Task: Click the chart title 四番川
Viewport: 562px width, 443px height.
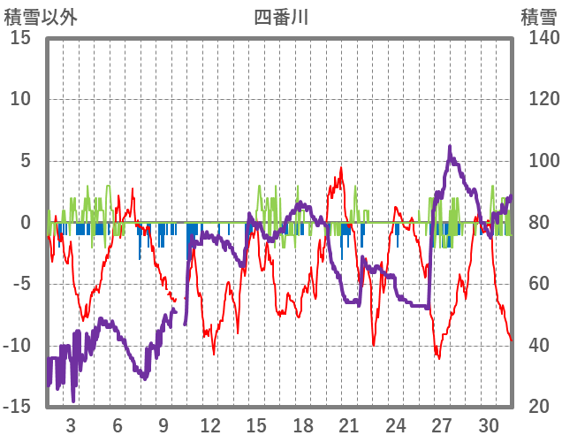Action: pos(281,17)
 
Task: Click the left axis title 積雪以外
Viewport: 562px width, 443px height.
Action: pos(41,17)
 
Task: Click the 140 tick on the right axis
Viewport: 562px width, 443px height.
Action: pos(537,38)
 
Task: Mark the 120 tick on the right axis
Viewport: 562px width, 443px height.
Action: pos(537,99)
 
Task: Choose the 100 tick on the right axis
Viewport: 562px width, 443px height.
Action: pos(537,161)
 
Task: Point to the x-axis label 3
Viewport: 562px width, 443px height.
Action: pos(71,425)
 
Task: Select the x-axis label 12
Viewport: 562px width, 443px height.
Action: pos(210,425)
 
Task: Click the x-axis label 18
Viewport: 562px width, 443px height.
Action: pos(303,425)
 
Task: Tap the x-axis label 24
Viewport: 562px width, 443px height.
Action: pos(396,425)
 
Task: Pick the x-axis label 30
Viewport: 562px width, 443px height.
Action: pos(489,425)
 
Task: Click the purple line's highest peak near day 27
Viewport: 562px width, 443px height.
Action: pos(450,147)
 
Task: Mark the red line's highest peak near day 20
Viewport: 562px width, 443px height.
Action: pos(341,167)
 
